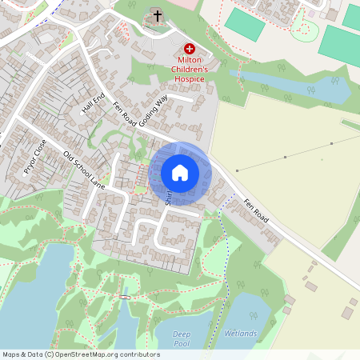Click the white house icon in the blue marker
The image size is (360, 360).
coord(179,173)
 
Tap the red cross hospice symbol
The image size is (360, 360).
coord(189,49)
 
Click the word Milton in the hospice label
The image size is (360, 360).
coord(190,60)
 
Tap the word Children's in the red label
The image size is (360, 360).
coord(190,70)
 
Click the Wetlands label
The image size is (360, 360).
coord(240,333)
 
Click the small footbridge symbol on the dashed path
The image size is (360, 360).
coord(125,298)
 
